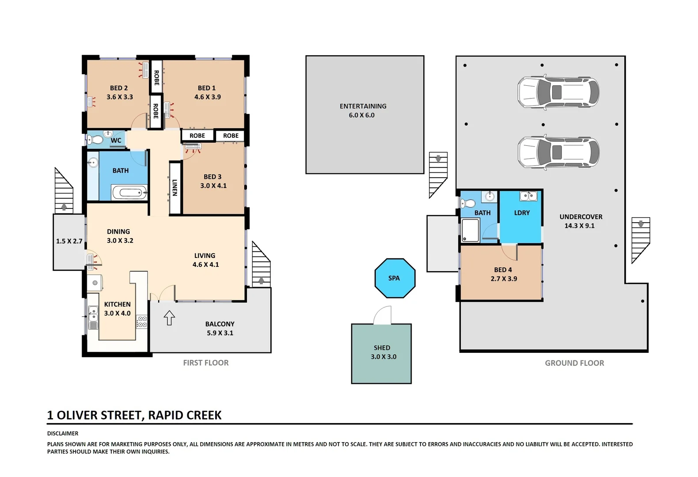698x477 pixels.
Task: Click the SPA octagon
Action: click(395, 278)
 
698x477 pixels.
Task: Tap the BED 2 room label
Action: click(119, 88)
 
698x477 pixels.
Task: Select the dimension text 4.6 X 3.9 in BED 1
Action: click(207, 97)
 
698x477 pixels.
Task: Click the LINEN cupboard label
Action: click(174, 188)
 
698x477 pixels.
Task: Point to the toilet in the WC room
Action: click(96, 140)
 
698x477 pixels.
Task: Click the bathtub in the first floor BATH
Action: click(129, 193)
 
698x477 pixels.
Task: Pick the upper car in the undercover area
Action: click(558, 92)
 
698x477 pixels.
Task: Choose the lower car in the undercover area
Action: click(558, 152)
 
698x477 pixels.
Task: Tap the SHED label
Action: click(382, 348)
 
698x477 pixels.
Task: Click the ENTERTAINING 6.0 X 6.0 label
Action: click(363, 110)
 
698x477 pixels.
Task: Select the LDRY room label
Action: click(522, 213)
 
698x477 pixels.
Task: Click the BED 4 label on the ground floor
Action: click(503, 270)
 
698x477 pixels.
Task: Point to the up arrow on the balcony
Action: click(170, 318)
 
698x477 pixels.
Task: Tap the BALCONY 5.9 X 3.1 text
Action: click(220, 329)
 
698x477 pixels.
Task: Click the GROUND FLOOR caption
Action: click(574, 363)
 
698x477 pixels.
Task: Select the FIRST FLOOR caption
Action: click(206, 363)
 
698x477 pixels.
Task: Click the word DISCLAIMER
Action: click(63, 434)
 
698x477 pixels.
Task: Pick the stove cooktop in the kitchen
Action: click(141, 322)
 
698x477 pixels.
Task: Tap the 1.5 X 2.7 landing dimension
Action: click(69, 241)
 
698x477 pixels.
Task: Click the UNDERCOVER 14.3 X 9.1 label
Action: click(580, 221)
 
